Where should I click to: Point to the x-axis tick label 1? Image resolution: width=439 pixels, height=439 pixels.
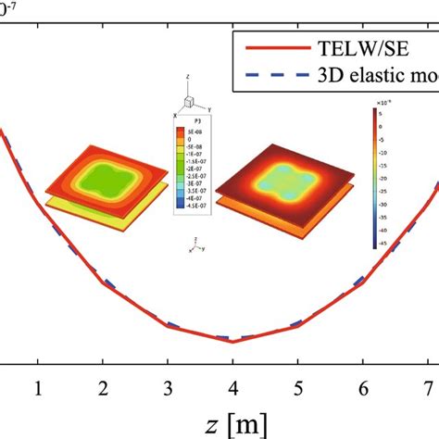point(38,385)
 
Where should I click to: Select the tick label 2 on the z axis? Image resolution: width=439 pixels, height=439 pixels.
point(103,385)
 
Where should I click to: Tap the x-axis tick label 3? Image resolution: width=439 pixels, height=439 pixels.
point(168,385)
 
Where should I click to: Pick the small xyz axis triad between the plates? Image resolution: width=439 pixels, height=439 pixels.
point(194,245)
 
